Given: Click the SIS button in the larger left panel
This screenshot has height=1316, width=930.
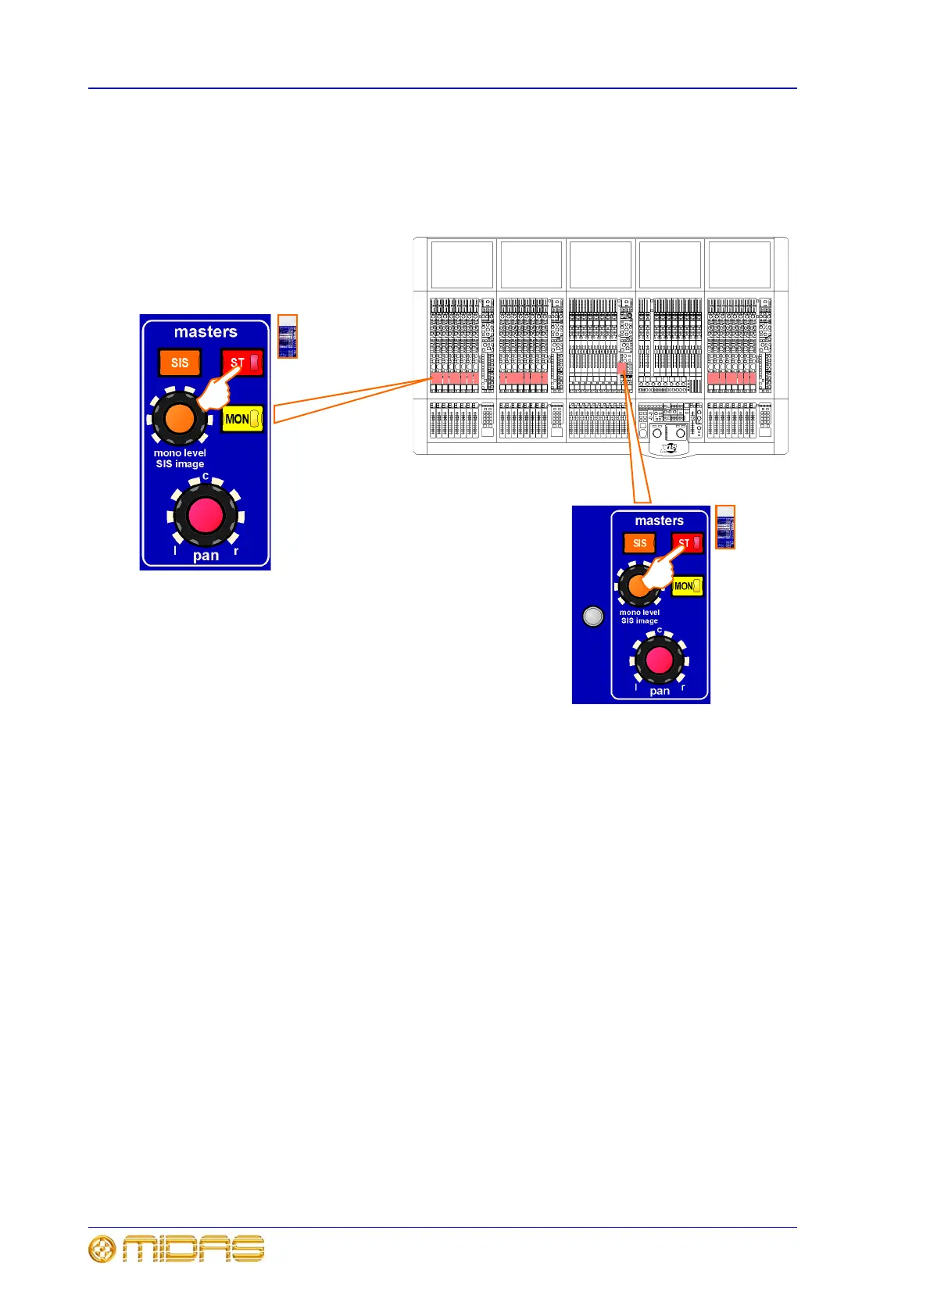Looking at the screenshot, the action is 180,363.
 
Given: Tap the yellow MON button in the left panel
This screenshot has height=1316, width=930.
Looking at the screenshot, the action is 242,419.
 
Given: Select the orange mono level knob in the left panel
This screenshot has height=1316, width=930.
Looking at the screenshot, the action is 180,418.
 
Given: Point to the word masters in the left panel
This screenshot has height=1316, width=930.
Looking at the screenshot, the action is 206,332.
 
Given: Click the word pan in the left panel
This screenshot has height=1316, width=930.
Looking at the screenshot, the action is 206,556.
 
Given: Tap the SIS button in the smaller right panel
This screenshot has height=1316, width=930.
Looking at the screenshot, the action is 639,543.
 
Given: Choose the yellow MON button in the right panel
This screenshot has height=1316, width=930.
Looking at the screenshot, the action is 687,586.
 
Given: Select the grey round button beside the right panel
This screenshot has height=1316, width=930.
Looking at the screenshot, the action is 593,617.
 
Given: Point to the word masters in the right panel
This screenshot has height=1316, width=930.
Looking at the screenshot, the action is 659,520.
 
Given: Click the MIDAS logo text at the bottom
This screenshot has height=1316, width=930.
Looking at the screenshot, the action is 193,1249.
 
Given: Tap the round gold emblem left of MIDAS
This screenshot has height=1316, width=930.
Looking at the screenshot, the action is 102,1249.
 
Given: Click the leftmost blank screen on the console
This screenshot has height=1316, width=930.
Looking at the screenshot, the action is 462,264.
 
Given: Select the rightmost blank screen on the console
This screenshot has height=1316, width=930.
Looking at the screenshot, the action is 739,264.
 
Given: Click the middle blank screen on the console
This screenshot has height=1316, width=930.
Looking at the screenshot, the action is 600,264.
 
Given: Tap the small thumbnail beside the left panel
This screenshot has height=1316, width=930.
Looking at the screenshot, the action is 288,337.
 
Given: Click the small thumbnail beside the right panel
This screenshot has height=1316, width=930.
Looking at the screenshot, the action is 725,527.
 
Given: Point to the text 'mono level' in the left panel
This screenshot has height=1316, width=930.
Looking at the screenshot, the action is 180,453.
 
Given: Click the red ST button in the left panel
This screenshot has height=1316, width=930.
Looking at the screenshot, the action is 242,363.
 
